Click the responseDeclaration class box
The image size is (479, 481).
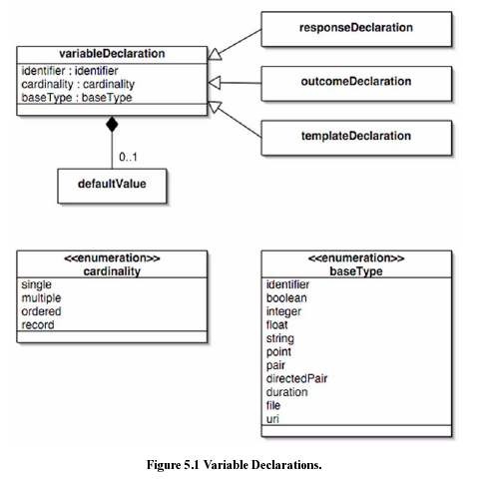[356, 29]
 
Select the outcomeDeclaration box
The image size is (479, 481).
[356, 83]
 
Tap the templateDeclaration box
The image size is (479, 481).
[356, 138]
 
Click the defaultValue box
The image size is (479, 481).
[112, 186]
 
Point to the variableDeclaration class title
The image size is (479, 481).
[112, 54]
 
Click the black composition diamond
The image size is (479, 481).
[112, 124]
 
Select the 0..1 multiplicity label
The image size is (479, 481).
[128, 157]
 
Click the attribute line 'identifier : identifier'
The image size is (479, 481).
[70, 71]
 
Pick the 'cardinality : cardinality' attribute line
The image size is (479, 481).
[78, 84]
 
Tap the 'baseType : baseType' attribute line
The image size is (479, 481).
[77, 98]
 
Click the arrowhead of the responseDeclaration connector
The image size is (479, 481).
[215, 55]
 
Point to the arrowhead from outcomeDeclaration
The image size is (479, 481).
[214, 83]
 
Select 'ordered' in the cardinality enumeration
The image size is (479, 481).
[41, 311]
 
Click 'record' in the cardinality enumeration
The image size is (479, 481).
[38, 325]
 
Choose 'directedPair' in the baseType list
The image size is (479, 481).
[296, 378]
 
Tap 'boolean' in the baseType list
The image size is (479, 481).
[286, 298]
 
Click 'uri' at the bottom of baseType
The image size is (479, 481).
[272, 419]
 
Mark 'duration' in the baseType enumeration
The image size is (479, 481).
[286, 392]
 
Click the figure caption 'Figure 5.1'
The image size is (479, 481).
[173, 464]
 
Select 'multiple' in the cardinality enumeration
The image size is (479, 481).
[41, 298]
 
